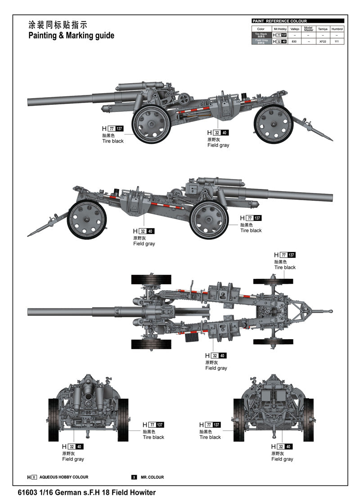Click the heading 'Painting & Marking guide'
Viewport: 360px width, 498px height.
tap(71, 36)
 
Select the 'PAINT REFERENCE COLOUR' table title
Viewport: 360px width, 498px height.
tap(279, 21)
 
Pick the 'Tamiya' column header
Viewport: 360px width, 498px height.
tap(323, 28)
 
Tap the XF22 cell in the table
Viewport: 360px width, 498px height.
tap(323, 41)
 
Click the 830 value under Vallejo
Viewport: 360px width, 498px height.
tap(294, 41)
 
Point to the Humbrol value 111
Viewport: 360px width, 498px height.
tap(337, 41)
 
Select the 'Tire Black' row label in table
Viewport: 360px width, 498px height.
tap(261, 35)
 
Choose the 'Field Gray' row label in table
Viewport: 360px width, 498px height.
tap(261, 41)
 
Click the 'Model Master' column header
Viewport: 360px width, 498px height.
tap(308, 28)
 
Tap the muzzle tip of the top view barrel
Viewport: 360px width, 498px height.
tap(29, 312)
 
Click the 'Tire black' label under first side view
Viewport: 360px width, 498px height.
tap(112, 141)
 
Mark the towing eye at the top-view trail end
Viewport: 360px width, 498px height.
tap(331, 311)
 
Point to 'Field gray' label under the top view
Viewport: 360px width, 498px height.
tap(216, 368)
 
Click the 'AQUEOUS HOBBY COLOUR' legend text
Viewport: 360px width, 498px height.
tap(64, 477)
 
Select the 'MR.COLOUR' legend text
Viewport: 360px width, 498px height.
tap(152, 477)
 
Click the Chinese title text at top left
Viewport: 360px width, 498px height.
tap(58, 25)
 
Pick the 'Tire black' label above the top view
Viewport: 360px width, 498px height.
tap(285, 267)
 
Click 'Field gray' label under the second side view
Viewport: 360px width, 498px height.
tap(144, 244)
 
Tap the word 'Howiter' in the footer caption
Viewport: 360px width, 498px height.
tap(143, 492)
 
